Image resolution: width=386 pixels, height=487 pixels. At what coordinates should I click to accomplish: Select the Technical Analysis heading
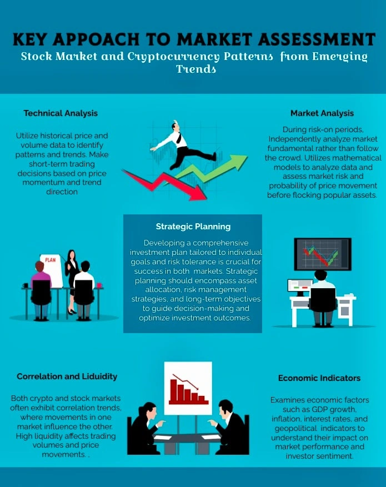coord(61,113)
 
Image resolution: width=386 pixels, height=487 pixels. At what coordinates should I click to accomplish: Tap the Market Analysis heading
coord(322,113)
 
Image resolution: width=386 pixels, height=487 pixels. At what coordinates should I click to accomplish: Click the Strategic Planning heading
coord(193,227)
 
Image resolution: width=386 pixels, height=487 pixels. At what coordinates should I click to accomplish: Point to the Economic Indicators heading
coord(319,378)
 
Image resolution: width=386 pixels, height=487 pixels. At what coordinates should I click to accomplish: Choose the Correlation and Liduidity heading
coord(67,376)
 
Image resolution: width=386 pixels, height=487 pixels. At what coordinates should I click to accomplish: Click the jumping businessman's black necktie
coord(179,138)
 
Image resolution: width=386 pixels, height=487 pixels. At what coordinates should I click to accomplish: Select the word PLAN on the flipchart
coord(51,260)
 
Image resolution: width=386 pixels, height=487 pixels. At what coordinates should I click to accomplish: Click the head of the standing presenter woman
coord(72,255)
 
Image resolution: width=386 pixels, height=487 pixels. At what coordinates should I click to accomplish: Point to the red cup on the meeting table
coord(99,285)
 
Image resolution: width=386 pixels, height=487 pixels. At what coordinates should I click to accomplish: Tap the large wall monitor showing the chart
coord(323,254)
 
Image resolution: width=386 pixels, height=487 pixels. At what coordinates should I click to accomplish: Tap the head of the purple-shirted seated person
coord(39,267)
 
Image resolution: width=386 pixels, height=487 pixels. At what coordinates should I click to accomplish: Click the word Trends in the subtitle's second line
coord(196,69)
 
